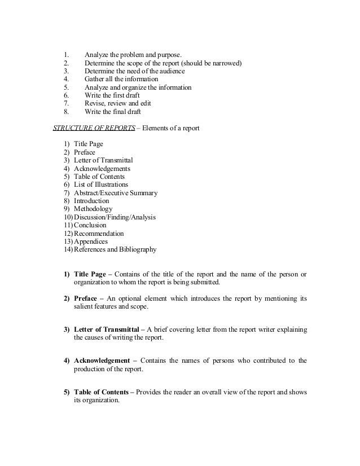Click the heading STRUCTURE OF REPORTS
[x=94, y=128]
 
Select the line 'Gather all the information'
[x=121, y=80]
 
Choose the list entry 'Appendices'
[x=91, y=241]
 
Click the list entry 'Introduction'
[x=92, y=201]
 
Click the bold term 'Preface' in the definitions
[x=86, y=298]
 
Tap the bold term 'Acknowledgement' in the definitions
[x=102, y=361]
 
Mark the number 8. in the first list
[x=66, y=112]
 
